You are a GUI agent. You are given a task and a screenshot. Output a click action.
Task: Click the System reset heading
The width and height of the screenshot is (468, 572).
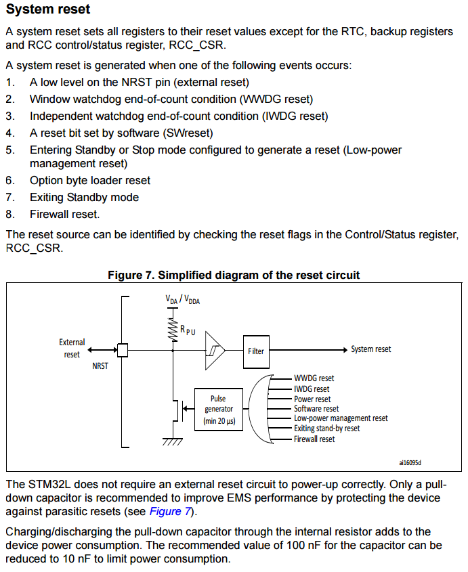pos(48,9)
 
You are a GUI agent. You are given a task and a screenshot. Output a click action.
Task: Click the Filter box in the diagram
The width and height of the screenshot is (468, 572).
pos(256,352)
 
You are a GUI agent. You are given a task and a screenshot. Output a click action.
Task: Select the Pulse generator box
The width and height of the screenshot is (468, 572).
pos(219,410)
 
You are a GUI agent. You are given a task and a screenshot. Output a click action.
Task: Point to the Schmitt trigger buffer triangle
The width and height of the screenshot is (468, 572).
pos(215,350)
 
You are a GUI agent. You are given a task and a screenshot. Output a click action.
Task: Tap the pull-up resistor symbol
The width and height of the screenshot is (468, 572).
pos(173,329)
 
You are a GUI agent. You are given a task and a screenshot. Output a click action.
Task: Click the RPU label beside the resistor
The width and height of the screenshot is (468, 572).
pos(188,330)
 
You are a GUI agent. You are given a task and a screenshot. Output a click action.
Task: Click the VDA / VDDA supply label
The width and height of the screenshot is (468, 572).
pos(183,300)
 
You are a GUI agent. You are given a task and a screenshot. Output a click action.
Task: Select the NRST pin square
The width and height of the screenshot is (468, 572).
pos(123,350)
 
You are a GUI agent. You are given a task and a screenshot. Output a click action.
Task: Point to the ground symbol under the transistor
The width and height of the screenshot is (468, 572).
pos(173,441)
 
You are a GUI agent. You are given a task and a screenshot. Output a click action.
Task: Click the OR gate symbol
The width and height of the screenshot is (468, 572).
pos(260,409)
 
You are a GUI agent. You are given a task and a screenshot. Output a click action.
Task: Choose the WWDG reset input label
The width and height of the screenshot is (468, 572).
pos(314,378)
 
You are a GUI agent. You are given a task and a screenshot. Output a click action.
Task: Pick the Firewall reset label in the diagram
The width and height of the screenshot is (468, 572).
pos(314,439)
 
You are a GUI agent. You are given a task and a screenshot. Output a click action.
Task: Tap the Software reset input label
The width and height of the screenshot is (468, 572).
pos(316,409)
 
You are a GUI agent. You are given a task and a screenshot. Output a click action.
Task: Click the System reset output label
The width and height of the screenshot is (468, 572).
pos(371,349)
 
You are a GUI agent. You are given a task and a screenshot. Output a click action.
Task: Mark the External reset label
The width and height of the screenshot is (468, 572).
pos(72,348)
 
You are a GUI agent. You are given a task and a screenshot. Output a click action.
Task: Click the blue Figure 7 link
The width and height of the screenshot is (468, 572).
pos(170,512)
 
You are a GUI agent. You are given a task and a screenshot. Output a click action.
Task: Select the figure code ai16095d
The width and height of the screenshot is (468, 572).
pos(410,463)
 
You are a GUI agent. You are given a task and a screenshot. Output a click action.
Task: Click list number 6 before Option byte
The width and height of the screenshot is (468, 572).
pos(10,181)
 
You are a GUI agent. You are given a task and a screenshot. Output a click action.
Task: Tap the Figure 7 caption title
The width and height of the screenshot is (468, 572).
pos(234,275)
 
